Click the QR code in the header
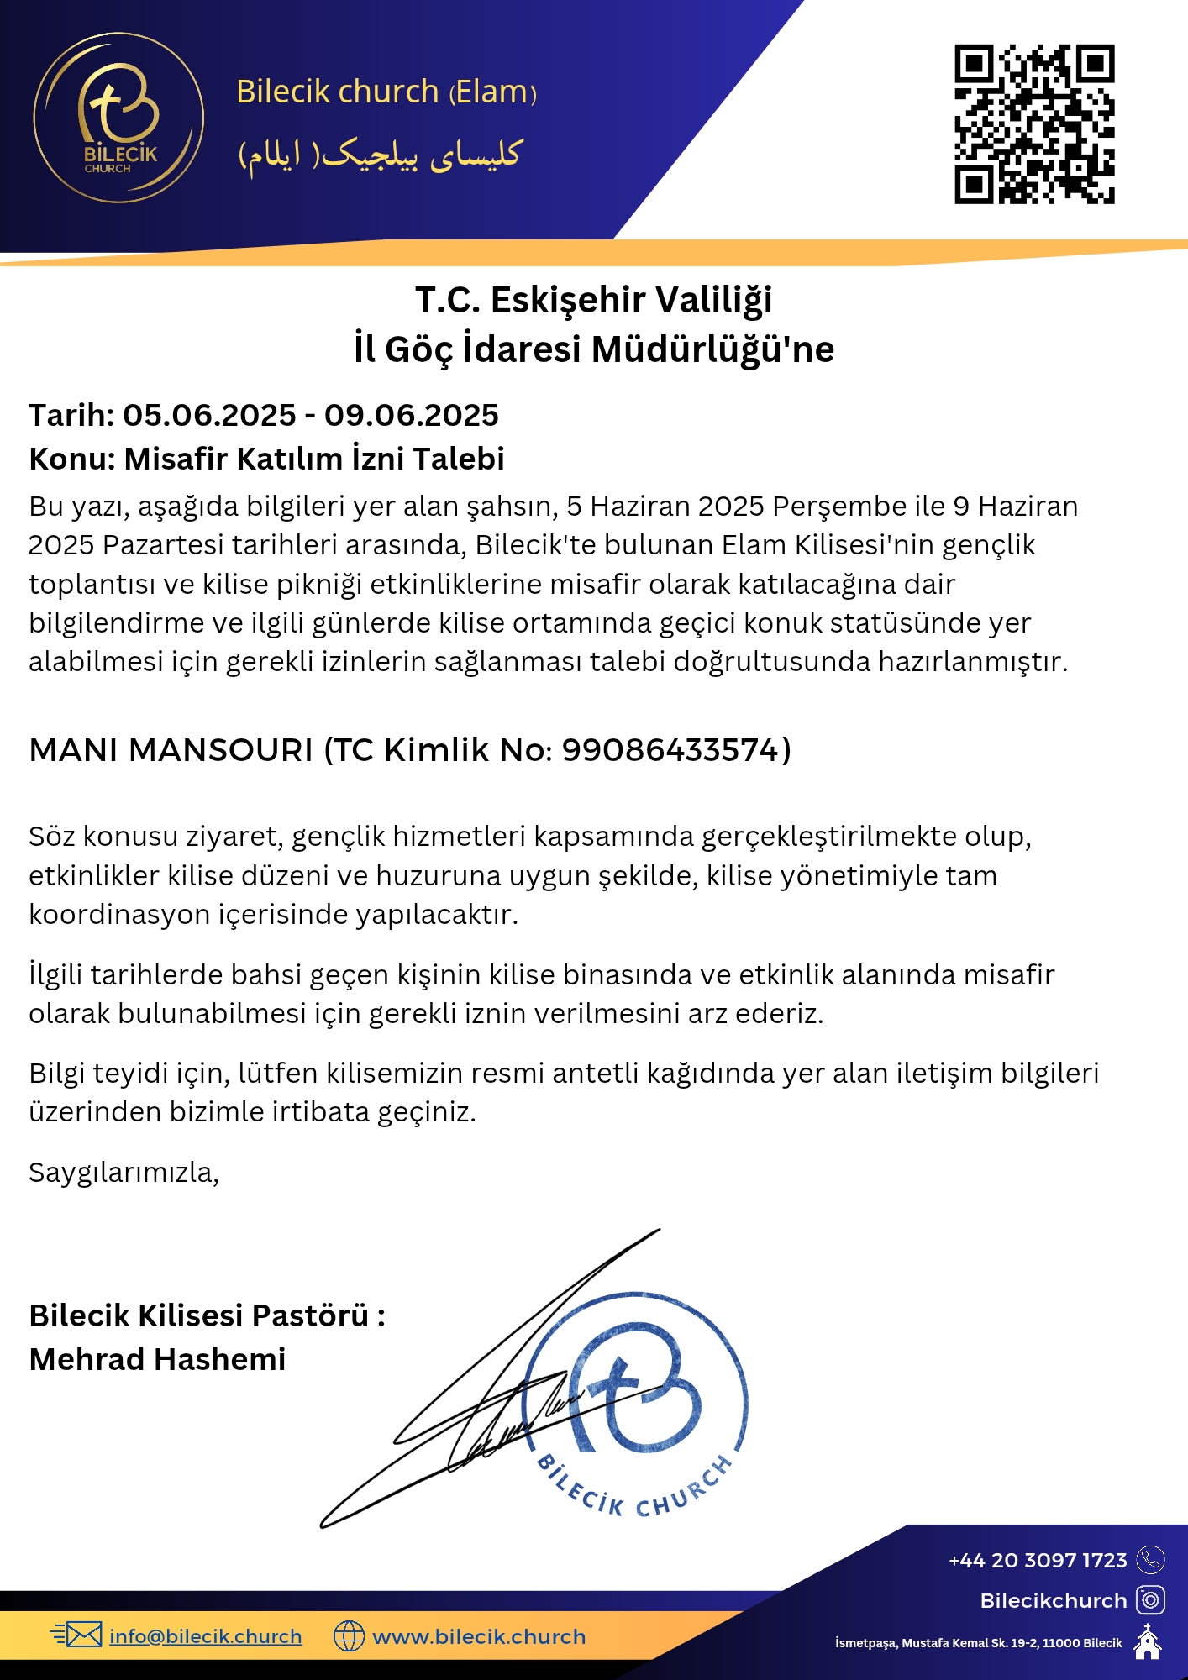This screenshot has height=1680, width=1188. pos(1034,124)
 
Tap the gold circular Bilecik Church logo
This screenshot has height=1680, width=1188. pos(118,118)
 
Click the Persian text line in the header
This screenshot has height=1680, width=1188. pos(381,155)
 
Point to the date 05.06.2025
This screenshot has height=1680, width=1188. pos(209,415)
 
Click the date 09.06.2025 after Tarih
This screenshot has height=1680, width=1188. pos(412,415)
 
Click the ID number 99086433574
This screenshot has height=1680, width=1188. pos(671,749)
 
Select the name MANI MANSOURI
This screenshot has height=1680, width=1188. pos(171,749)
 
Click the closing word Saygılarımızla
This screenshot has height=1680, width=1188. pos(124,1172)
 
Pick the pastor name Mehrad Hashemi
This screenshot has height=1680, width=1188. pos(158,1359)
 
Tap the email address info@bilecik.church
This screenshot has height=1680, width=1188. pos(206,1636)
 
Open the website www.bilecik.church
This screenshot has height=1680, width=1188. pos(479,1636)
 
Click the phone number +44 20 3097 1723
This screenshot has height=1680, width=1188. pos(1038,1560)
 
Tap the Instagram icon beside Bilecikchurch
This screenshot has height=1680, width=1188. pos(1150,1600)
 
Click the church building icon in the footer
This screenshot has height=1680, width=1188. pos(1148,1641)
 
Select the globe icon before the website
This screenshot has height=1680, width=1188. pos(349,1635)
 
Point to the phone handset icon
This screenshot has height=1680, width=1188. pos(1150,1560)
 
